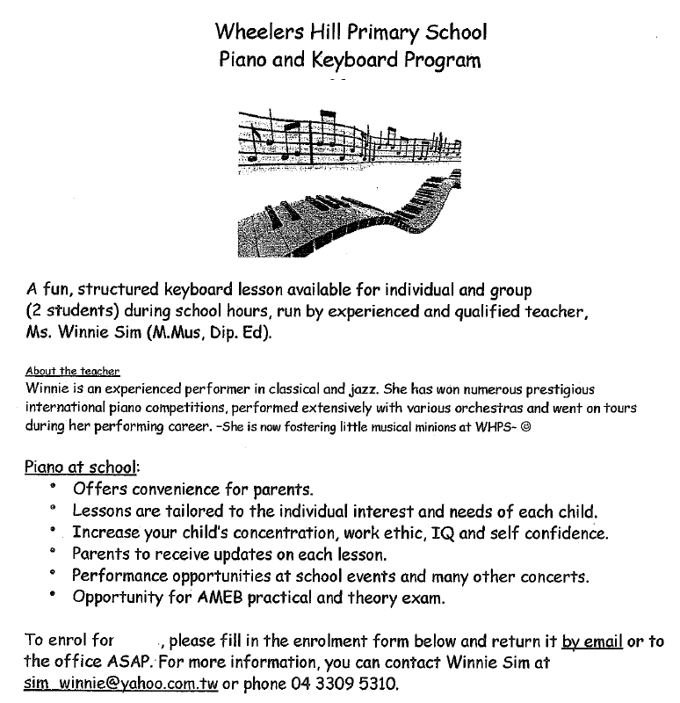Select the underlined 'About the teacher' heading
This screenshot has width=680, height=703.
[x=73, y=372]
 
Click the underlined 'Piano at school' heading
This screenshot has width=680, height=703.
[x=76, y=466]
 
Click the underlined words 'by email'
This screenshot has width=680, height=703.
[x=592, y=641]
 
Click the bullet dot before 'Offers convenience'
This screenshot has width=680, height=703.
[x=54, y=486]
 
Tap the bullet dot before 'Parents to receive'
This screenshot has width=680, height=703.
[x=54, y=552]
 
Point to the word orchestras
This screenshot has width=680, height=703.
[x=504, y=408]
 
